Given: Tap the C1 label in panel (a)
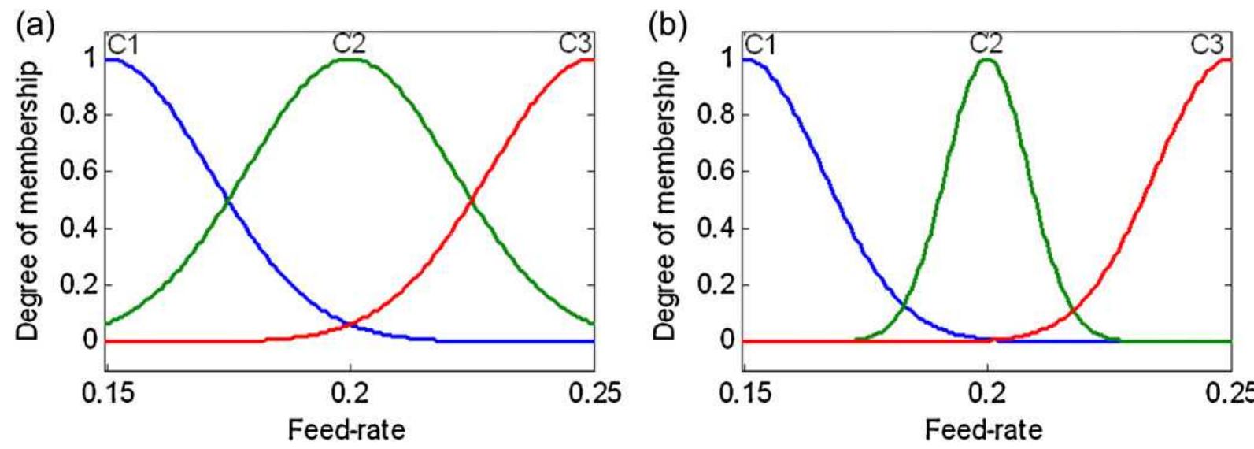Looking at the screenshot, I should pos(122,45).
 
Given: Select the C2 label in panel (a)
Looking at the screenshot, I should pos(349,45).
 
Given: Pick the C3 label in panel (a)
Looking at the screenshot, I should pos(575,44).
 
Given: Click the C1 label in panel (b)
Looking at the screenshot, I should pos(760,45).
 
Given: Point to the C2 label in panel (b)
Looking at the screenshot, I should pos(986,45).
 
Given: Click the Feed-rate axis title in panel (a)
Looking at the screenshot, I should pos(346,429).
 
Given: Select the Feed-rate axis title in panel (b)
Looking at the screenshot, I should pos(984,429).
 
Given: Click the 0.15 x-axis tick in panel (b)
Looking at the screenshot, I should pos(744,392).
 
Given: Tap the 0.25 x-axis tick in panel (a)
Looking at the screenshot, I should pos(592,392).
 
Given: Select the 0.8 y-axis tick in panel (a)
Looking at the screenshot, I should pos(78,115).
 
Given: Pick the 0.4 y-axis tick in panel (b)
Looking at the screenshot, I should pos(716,229).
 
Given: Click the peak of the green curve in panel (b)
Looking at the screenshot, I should pos(986,60).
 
